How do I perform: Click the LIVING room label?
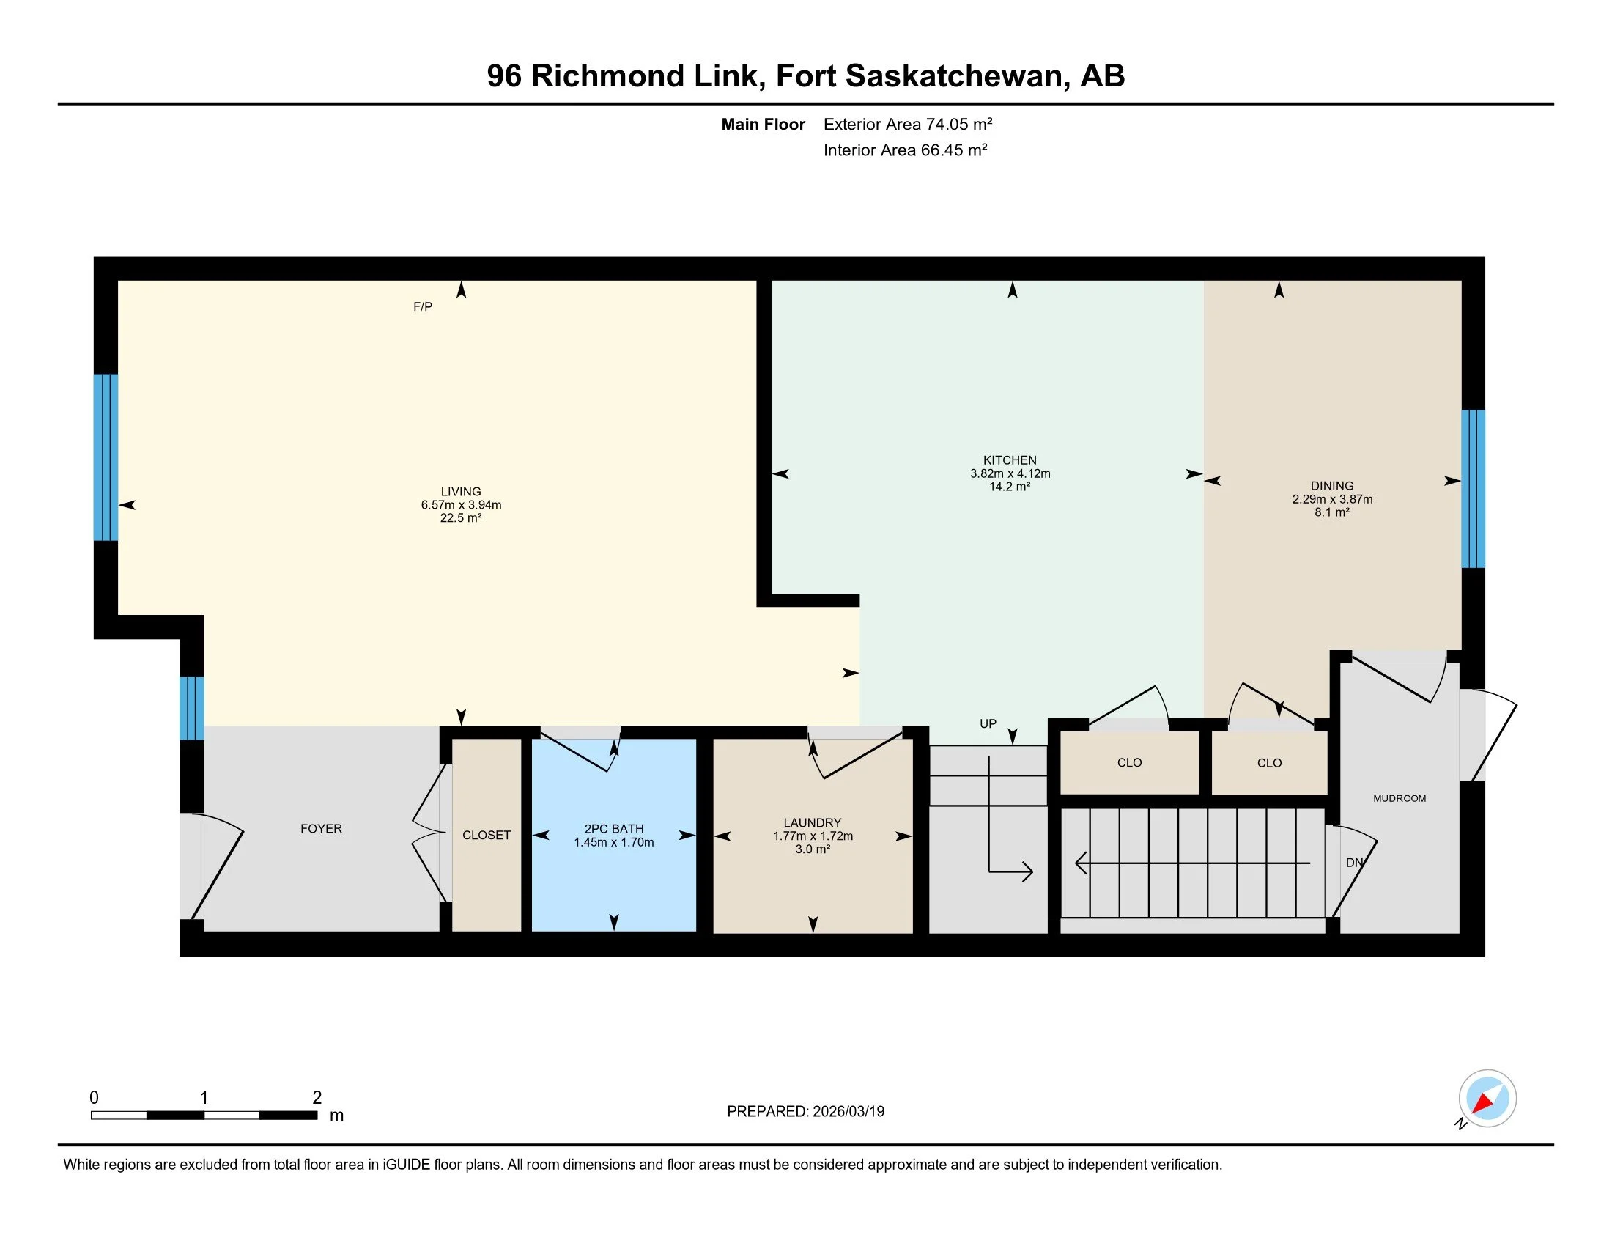pos(461,492)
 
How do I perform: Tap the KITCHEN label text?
pos(1009,460)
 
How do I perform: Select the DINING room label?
pos(1331,486)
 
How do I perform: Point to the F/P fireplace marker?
pos(422,306)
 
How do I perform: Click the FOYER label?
pos(321,829)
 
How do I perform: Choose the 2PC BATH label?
pos(613,829)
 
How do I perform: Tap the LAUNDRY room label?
pos(812,822)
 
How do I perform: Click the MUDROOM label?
pos(1399,798)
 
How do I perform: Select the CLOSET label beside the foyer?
pos(486,835)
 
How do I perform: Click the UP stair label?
pos(988,723)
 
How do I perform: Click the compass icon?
pos(1487,1098)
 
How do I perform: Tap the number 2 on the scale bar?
pos(317,1098)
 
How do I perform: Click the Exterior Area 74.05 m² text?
pos(907,124)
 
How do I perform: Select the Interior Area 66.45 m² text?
pos(905,150)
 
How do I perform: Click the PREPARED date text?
pos(805,1112)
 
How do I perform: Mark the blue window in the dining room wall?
pos(1473,489)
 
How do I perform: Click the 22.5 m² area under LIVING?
pos(461,518)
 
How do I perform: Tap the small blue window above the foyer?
pos(191,708)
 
